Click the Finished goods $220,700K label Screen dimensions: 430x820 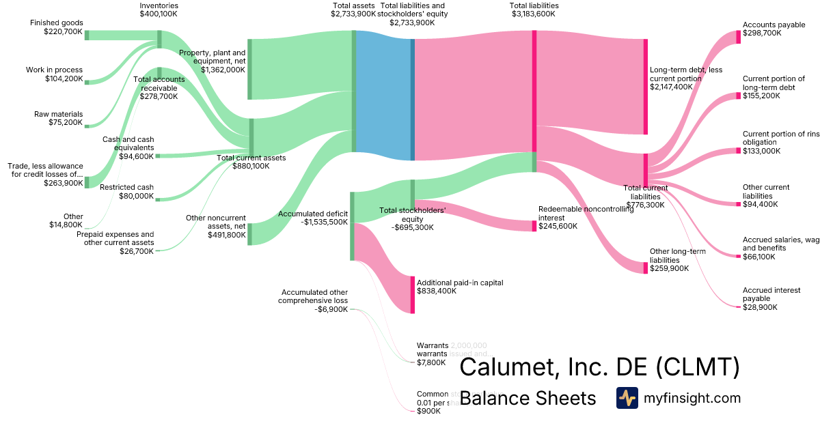pyautogui.click(x=56, y=27)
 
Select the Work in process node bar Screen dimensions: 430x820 pyautogui.click(x=87, y=82)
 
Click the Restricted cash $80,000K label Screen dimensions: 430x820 pyautogui.click(x=126, y=192)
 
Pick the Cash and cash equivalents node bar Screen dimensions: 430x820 pyautogui.click(x=157, y=156)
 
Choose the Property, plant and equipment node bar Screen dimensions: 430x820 pyautogui.click(x=250, y=69)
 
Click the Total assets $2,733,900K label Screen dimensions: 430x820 pyautogui.click(x=353, y=10)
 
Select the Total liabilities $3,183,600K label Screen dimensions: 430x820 pyautogui.click(x=534, y=10)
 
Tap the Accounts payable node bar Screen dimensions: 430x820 pyautogui.click(x=738, y=37)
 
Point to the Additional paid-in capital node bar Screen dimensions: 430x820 pyautogui.click(x=412, y=295)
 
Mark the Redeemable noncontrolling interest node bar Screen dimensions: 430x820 pyautogui.click(x=534, y=226)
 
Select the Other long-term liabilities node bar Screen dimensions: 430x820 pyautogui.click(x=645, y=268)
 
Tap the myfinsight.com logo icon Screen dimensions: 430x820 pyautogui.click(x=627, y=398)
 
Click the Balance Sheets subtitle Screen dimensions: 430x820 pyautogui.click(x=528, y=398)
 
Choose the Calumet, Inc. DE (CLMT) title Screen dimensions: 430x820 pyautogui.click(x=599, y=367)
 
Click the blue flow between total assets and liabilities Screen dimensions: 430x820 pyautogui.click(x=383, y=96)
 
